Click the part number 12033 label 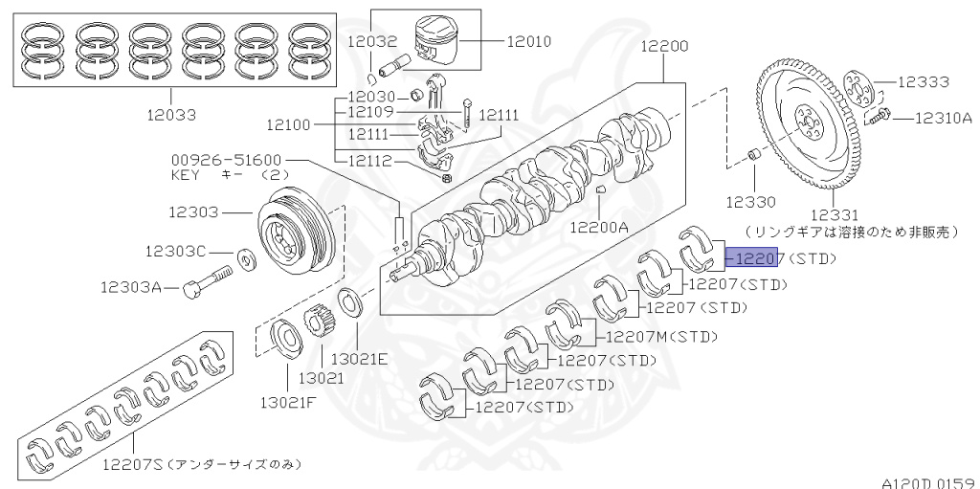172,115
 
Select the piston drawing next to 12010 442,44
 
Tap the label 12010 529,41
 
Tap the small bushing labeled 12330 754,155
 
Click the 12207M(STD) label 658,336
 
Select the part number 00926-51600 227,161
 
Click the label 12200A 599,227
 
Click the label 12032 371,41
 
